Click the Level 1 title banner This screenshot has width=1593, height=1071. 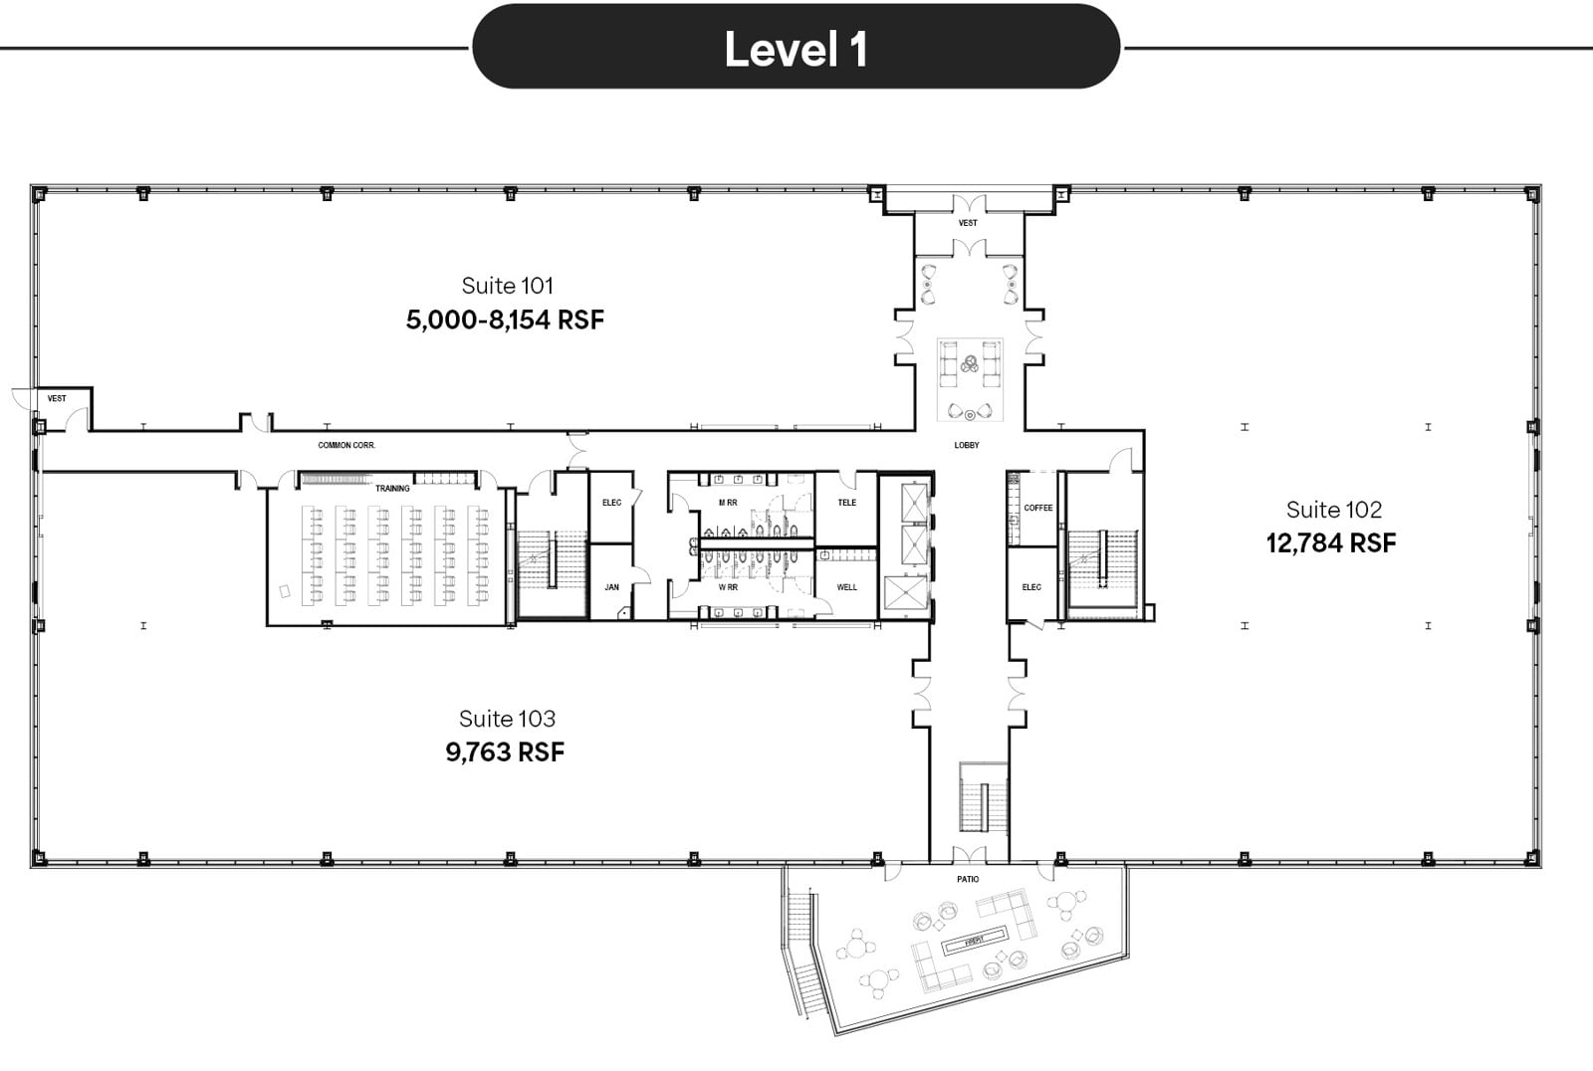pyautogui.click(x=796, y=48)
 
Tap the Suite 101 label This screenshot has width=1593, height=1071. pyautogui.click(x=507, y=286)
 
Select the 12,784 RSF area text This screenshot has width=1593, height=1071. pyautogui.click(x=1330, y=543)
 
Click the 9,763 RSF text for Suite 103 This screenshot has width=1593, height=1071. pyautogui.click(x=505, y=752)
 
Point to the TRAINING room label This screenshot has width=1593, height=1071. pyautogui.click(x=392, y=489)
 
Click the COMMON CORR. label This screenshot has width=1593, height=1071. pyautogui.click(x=346, y=445)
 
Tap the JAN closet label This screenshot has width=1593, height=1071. pyautogui.click(x=611, y=587)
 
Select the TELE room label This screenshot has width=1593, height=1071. pyautogui.click(x=846, y=503)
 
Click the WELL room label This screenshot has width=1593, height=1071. pyautogui.click(x=846, y=587)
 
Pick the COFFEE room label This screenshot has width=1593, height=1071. pyautogui.click(x=1037, y=508)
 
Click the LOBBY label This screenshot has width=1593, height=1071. pyautogui.click(x=967, y=445)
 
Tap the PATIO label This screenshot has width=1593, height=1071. pyautogui.click(x=968, y=879)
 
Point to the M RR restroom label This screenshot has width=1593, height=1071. pyautogui.click(x=728, y=503)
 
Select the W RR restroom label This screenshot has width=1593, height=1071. pyautogui.click(x=728, y=587)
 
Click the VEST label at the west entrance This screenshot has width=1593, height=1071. pyautogui.click(x=57, y=398)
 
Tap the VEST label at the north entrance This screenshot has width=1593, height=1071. pyautogui.click(x=968, y=223)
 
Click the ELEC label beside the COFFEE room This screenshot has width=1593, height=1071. pyautogui.click(x=1031, y=587)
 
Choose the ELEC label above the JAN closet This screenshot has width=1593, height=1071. pyautogui.click(x=611, y=503)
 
